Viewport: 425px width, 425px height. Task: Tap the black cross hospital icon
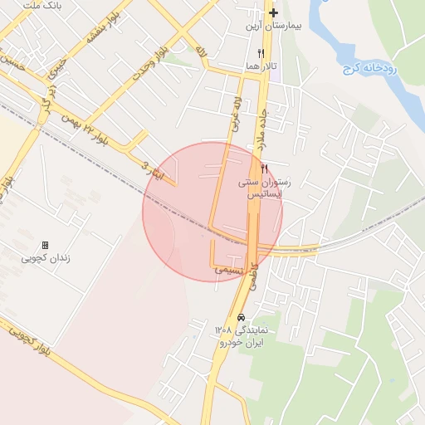coord(273,13)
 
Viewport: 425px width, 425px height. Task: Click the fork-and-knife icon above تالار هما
coord(261,53)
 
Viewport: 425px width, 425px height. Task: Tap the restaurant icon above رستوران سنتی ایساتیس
coord(264,168)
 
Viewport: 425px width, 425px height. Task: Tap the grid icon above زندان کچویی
coord(45,245)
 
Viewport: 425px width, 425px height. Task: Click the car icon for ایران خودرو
coord(242,318)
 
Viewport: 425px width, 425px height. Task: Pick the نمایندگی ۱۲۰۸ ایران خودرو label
coord(242,336)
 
